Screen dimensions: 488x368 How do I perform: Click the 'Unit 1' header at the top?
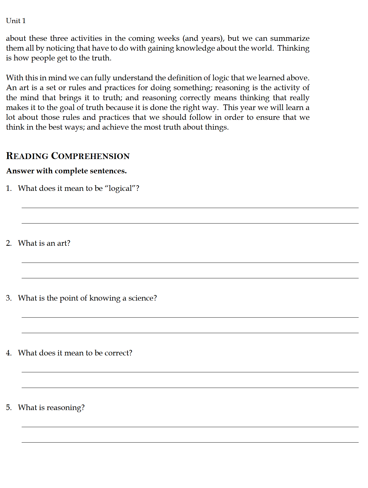[x=16, y=21]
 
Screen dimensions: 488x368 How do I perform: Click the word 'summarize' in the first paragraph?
[x=290, y=38]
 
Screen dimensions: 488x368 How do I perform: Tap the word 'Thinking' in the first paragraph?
[x=293, y=48]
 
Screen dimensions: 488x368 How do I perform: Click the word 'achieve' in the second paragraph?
[x=115, y=127]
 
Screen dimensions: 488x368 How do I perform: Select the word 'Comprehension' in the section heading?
[x=90, y=156]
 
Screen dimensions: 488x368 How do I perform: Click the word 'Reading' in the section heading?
[x=27, y=156]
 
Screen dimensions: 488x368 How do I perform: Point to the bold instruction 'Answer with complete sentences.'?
[x=67, y=171]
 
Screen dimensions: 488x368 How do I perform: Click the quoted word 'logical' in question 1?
[x=120, y=188]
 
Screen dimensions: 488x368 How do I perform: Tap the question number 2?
[x=9, y=243]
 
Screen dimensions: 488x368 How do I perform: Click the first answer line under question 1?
[x=190, y=208]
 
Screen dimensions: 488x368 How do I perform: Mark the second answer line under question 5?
[x=190, y=442]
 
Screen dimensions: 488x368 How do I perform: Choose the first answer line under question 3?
[x=190, y=317]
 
